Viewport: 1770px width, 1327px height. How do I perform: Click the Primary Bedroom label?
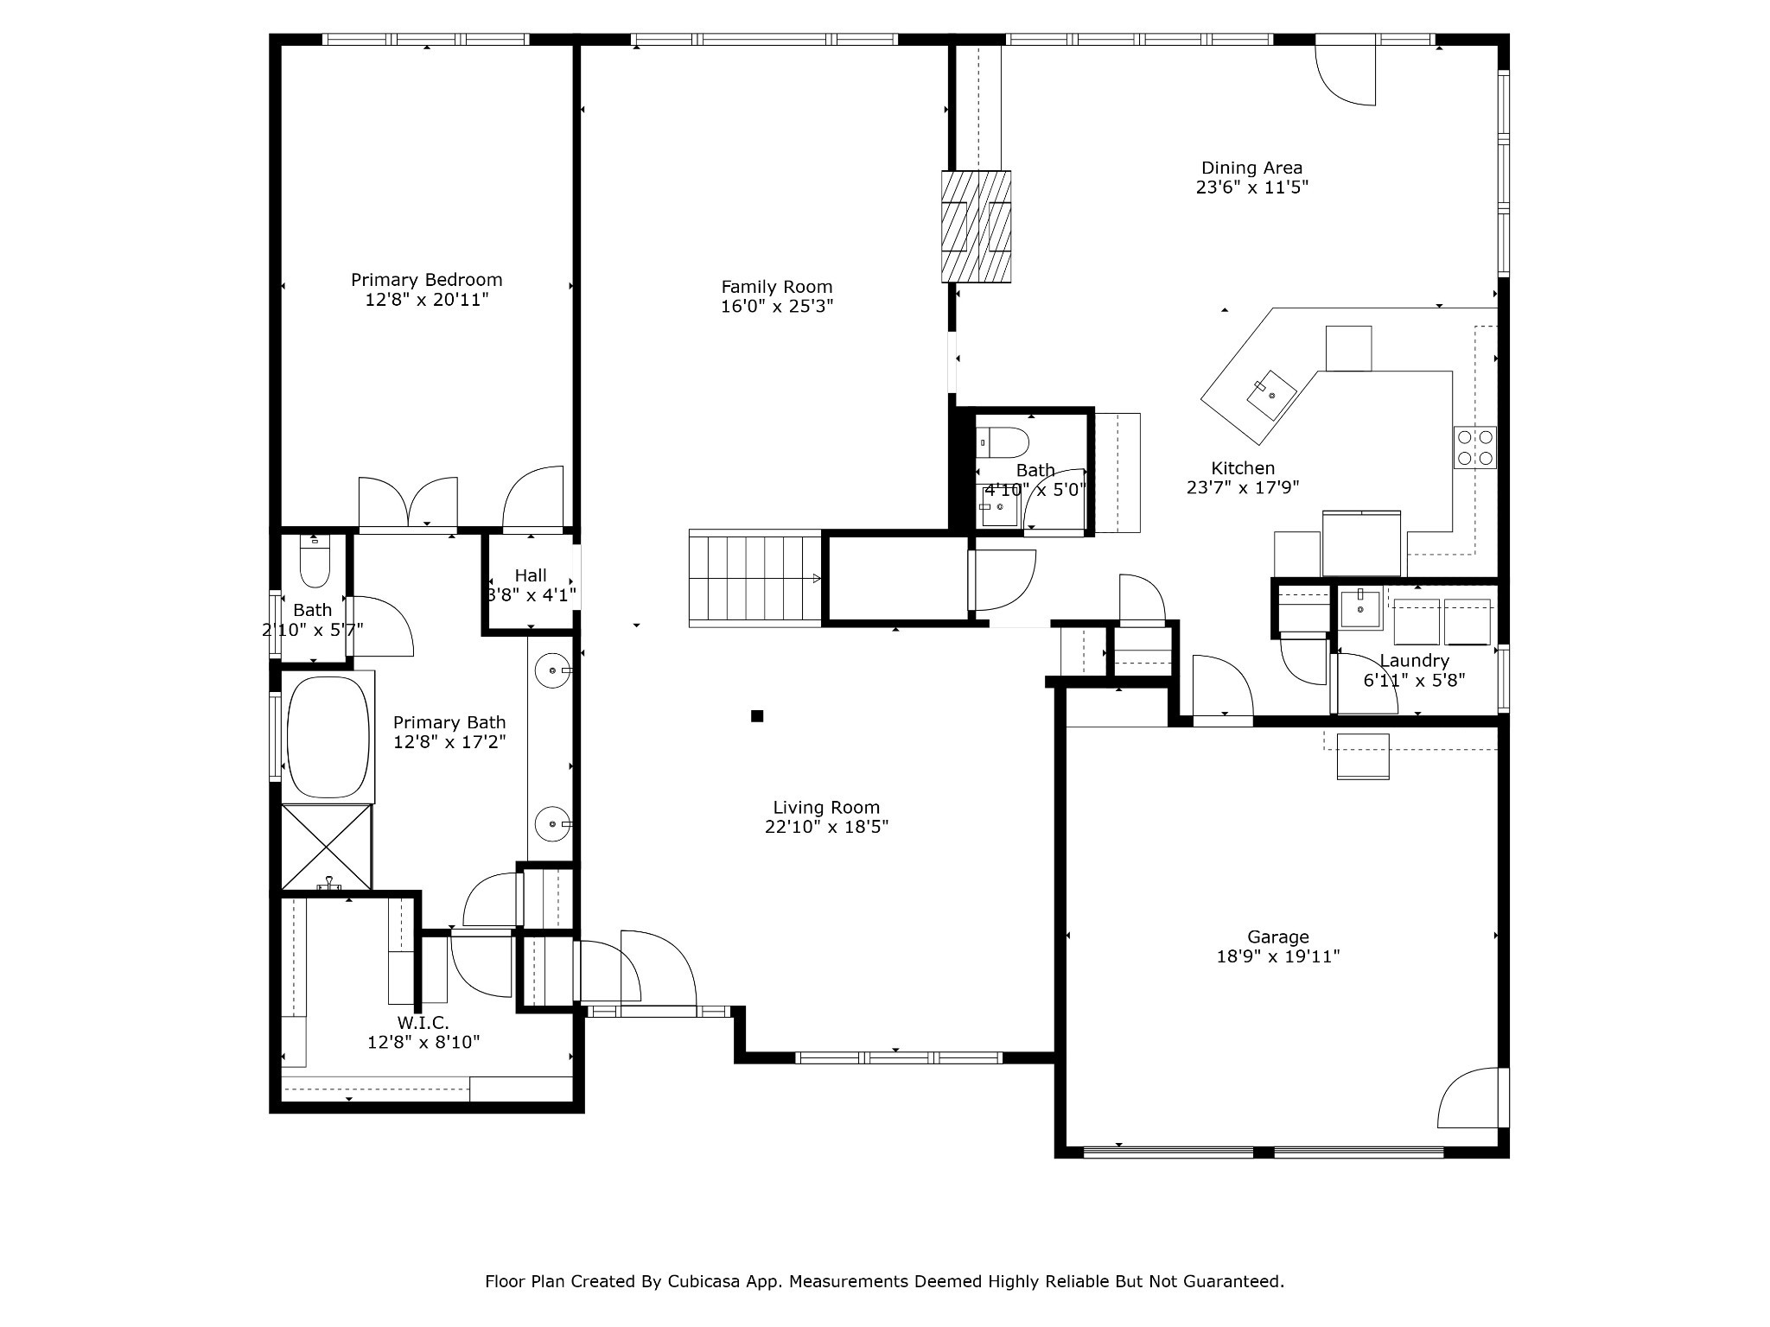pos(426,280)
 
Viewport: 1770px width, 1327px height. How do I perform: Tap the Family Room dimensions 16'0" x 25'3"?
pos(777,306)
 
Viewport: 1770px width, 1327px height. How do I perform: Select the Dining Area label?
pos(1251,168)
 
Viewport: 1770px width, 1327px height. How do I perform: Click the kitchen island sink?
pos(1271,395)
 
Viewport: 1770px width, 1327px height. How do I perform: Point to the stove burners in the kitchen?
pos(1474,448)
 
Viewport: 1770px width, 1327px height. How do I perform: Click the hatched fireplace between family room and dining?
pos(976,226)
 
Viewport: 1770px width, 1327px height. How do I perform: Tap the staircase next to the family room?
pos(754,578)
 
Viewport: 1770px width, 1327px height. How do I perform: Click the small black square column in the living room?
pos(757,715)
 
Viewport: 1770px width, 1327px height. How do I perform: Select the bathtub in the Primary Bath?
pos(328,738)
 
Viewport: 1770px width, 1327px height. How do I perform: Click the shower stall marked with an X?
pos(327,847)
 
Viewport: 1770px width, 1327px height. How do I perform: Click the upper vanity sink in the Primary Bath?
pos(551,670)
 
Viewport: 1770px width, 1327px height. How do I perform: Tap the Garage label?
pos(1277,937)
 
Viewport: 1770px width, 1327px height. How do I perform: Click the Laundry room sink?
pos(1360,609)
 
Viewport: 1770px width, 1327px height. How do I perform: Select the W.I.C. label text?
pos(423,1023)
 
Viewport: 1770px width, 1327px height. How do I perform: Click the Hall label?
pos(531,575)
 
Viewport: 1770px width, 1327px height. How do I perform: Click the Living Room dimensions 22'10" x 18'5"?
pos(826,827)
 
